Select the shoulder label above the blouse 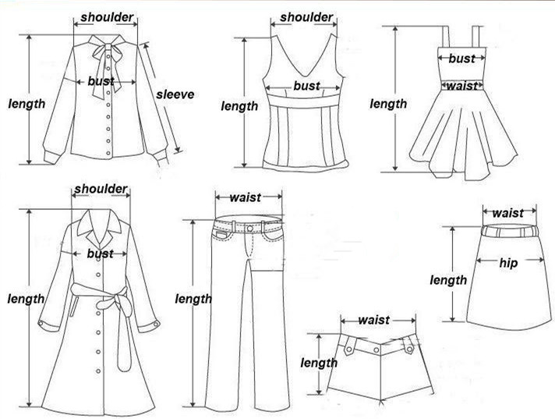point(107,16)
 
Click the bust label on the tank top point(306,86)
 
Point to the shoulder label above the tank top point(306,17)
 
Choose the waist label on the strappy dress point(461,86)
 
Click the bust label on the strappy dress point(461,58)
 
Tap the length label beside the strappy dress point(388,104)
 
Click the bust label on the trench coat point(101,254)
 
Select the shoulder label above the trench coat point(101,190)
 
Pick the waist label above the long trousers point(245,197)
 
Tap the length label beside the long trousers point(193,299)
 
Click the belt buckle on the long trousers point(249,228)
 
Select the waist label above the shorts point(374,320)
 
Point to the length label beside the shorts point(319,363)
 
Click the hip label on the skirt point(508,263)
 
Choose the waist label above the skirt point(508,212)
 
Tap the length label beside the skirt point(448,279)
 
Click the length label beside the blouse point(27,103)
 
